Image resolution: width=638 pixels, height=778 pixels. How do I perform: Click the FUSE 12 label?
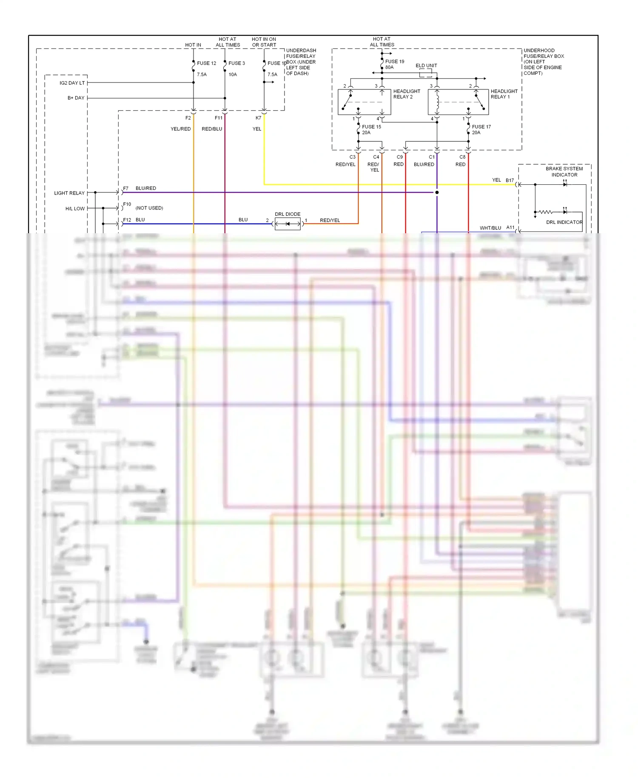point(206,63)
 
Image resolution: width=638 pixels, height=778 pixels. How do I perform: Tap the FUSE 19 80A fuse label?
point(394,64)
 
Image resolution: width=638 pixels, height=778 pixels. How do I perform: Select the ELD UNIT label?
point(426,66)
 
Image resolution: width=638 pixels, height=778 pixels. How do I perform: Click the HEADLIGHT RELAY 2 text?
point(406,94)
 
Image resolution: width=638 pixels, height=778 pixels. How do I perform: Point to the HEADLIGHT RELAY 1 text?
point(504,94)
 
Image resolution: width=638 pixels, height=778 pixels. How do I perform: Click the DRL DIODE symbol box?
point(288,223)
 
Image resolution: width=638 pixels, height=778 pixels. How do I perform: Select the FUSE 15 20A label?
point(371,129)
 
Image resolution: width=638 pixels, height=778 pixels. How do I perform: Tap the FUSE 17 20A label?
point(481,129)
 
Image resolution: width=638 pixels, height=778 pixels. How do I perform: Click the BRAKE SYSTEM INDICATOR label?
point(564,172)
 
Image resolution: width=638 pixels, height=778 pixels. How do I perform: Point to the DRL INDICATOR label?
point(564,222)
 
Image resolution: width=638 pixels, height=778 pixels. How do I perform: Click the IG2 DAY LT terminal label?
point(72,83)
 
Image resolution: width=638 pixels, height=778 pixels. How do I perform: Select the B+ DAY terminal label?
point(76,98)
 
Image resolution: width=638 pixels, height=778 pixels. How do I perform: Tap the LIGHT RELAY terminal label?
point(69,193)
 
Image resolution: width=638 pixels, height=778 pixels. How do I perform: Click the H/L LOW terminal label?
point(75,209)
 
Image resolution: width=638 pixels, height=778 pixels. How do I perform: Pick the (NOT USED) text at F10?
point(149,208)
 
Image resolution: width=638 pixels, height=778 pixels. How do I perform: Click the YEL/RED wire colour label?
point(180,129)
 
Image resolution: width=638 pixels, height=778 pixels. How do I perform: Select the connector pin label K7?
point(258,118)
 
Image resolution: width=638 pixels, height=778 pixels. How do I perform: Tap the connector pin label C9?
point(399,157)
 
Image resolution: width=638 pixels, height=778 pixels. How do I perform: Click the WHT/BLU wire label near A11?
point(490,228)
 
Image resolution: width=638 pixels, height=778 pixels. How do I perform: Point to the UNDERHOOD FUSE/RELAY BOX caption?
point(543,62)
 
